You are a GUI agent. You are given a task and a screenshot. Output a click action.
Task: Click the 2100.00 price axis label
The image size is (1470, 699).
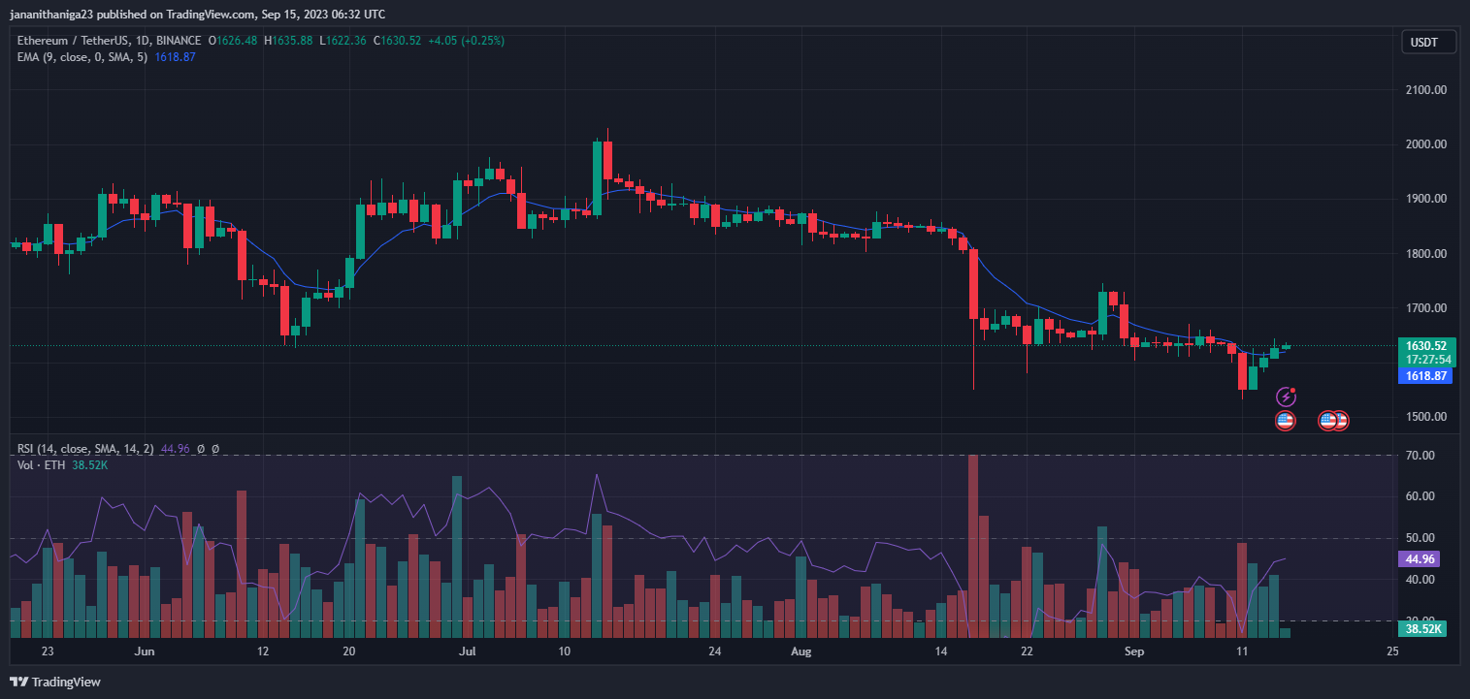(1426, 90)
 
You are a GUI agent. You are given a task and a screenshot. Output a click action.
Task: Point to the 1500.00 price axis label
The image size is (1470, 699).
(1426, 417)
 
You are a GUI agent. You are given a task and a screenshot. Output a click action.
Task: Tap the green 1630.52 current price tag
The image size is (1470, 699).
(1426, 345)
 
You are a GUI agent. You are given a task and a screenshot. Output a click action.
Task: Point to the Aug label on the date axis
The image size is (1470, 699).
(800, 651)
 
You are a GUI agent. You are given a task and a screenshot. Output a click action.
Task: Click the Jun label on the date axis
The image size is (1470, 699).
(145, 651)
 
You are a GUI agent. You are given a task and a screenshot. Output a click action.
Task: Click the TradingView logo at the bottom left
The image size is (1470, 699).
(56, 682)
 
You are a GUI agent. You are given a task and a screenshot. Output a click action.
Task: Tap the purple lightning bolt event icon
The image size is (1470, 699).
(1286, 396)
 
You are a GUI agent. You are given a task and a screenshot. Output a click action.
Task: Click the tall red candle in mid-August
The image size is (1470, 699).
(973, 284)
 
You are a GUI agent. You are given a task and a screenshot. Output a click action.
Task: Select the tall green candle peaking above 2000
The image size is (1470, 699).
(598, 169)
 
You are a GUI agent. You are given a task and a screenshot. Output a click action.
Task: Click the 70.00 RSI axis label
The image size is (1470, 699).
(1420, 456)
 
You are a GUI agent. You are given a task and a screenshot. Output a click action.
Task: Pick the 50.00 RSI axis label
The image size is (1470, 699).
(1420, 538)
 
